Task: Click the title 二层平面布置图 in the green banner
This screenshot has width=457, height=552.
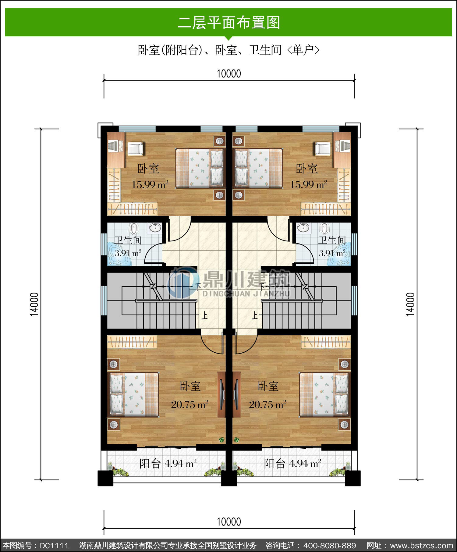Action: point(229,23)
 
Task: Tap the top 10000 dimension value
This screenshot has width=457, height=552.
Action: point(229,74)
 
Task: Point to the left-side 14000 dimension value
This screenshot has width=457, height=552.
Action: point(34,304)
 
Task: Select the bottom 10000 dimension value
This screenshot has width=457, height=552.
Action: point(229,522)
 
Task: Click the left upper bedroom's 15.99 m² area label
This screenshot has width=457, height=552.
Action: point(150,184)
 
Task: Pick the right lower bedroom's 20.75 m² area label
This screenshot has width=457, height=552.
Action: point(268,404)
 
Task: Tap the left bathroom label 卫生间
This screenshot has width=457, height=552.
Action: point(128,240)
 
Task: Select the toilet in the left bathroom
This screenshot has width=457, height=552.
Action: point(134,228)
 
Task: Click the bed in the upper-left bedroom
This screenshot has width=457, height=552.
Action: point(200,168)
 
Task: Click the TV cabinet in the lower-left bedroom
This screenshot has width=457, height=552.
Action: point(221,394)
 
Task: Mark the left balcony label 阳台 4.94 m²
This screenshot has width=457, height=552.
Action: point(168,464)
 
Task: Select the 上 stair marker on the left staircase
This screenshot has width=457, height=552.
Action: point(204,315)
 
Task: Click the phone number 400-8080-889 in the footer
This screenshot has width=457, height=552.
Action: point(330,545)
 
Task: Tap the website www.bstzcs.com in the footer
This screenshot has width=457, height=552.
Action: point(422,545)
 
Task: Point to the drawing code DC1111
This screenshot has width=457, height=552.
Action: point(55,545)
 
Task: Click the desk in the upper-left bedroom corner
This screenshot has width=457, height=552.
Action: point(116,150)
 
